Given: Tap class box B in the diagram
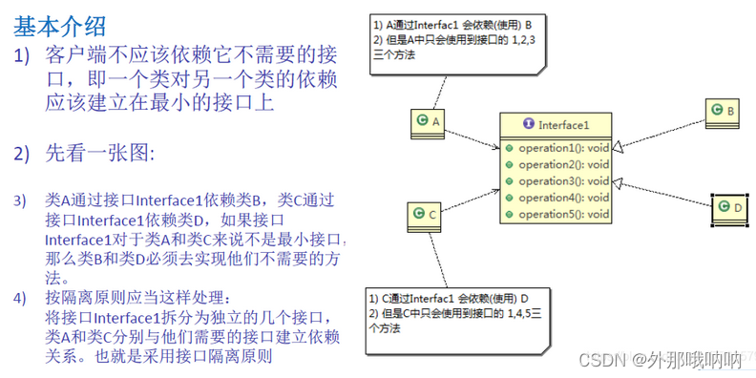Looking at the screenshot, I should click(x=724, y=113).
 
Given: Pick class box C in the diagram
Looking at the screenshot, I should click(x=426, y=216).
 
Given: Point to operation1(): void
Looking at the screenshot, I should click(x=563, y=149).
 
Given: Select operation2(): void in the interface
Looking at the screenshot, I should click(x=563, y=165).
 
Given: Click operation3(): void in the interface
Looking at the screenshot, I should click(x=563, y=181).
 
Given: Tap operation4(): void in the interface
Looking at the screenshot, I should click(x=563, y=198).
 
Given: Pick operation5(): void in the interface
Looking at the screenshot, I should click(x=563, y=214).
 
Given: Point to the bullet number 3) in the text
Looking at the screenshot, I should click(x=20, y=201).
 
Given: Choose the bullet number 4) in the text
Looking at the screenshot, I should click(x=20, y=299).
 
